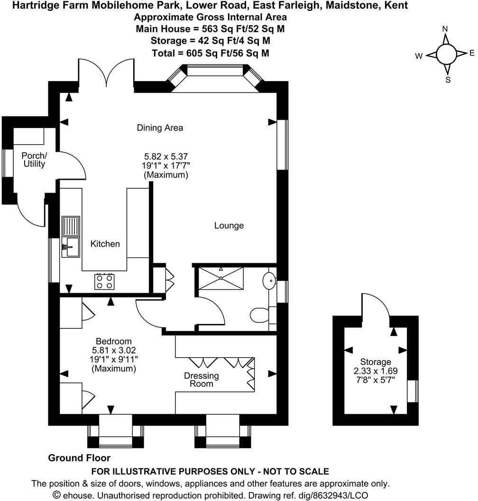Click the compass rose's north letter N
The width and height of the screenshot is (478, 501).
tap(445, 29)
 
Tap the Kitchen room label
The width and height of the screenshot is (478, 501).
tap(105, 244)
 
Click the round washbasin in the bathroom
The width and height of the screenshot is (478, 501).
tap(269, 280)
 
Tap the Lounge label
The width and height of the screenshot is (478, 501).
tap(229, 226)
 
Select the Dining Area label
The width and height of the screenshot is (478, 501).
tap(160, 128)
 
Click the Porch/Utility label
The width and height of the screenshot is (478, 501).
tap(35, 160)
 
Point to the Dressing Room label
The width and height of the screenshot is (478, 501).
tap(202, 380)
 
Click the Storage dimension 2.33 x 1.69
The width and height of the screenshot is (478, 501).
tap(375, 371)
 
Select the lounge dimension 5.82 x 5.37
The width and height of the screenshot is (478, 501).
tap(166, 156)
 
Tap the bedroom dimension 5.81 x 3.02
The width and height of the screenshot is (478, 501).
tap(113, 350)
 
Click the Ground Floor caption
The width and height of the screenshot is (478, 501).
tap(79, 458)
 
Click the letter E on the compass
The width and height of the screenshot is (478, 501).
tap(472, 53)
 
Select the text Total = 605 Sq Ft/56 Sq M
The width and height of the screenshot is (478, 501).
tap(211, 53)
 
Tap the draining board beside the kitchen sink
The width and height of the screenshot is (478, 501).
tap(71, 226)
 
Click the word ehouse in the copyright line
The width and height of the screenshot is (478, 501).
tap(78, 495)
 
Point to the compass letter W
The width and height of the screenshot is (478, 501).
tap(419, 56)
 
